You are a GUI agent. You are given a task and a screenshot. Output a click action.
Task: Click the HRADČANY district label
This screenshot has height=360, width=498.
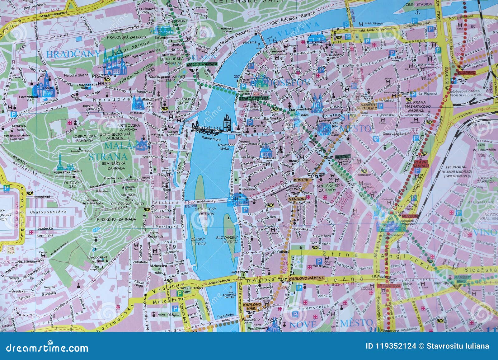pyautogui.click(x=73, y=54)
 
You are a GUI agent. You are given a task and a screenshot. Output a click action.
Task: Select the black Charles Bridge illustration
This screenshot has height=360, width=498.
pyautogui.click(x=211, y=126)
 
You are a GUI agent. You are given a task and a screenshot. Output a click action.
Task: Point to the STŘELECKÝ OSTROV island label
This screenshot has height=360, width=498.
pyautogui.click(x=205, y=212)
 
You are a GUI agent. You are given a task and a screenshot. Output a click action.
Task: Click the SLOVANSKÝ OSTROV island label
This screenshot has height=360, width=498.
pyautogui.click(x=227, y=239)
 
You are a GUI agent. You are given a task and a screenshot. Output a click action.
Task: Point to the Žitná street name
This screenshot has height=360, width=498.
pyautogui.click(x=331, y=254)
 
